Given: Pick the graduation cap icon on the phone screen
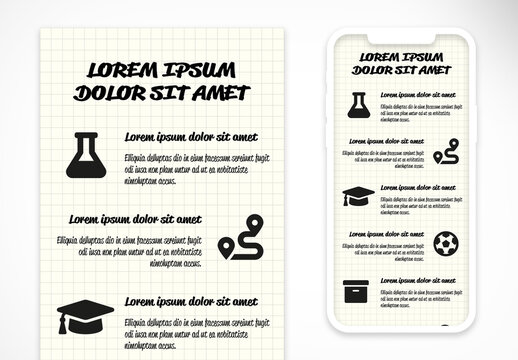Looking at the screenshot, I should tap(357, 196).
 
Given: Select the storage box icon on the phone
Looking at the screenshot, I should tap(357, 290).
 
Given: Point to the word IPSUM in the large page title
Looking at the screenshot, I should tap(201, 70).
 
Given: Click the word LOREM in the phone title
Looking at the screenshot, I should tap(377, 57).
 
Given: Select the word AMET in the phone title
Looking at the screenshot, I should tap(430, 70).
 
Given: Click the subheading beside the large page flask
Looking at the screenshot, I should tap(191, 137).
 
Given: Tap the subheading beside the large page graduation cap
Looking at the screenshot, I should tap(191, 300).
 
